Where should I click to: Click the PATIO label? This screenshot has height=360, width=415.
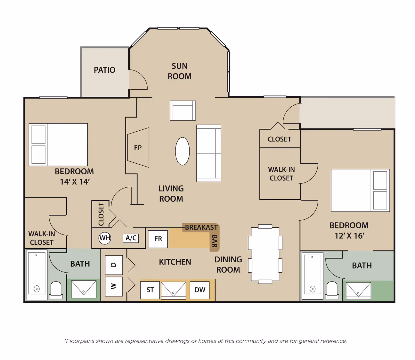click(104, 70)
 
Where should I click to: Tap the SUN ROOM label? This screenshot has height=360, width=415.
click(180, 71)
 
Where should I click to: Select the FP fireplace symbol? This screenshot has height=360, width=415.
click(138, 147)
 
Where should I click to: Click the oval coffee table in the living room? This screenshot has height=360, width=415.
click(182, 151)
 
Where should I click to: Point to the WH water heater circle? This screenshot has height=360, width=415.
click(105, 238)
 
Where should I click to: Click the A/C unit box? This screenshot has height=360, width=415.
click(131, 238)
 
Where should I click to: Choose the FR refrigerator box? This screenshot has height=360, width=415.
click(158, 239)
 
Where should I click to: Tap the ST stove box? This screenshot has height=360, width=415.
click(150, 290)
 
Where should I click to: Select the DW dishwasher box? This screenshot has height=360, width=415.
click(199, 290)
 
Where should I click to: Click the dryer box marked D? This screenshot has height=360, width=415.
click(114, 265)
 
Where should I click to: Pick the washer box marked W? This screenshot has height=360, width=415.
click(114, 286)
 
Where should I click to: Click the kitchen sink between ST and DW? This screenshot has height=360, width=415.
click(174, 290)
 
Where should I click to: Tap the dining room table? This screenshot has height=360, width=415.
click(265, 254)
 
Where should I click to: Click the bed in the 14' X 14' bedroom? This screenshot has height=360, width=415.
click(58, 144)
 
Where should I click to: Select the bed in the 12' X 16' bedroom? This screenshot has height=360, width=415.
click(360, 191)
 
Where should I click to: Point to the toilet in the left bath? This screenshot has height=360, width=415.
click(56, 290)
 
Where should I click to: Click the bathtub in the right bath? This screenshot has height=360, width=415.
click(312, 276)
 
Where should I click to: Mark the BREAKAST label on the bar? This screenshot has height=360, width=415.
click(201, 227)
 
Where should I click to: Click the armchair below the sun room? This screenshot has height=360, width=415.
click(183, 111)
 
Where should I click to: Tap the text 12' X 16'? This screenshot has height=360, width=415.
click(349, 236)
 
